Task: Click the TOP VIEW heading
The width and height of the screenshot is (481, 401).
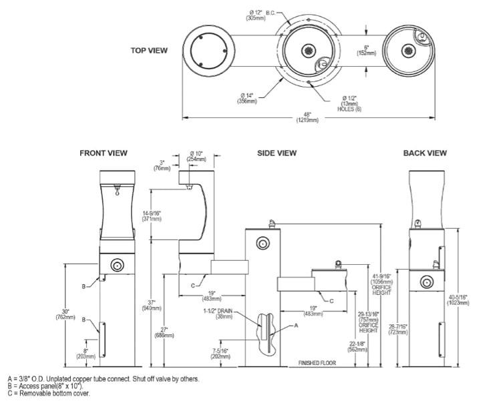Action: (149, 50)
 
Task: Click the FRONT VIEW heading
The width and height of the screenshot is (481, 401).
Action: (103, 153)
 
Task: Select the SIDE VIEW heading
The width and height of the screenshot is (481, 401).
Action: (277, 153)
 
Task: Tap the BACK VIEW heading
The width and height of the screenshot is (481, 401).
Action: (425, 153)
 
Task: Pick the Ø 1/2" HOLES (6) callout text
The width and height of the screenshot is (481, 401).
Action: (347, 103)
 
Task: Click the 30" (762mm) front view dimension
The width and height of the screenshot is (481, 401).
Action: (65, 315)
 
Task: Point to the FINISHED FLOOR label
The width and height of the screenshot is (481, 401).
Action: (317, 364)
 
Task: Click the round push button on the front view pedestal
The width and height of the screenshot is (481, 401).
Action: (118, 266)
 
